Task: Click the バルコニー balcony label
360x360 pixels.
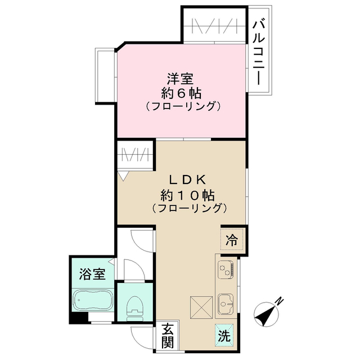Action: point(259,52)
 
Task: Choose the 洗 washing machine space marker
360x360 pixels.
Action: point(224,337)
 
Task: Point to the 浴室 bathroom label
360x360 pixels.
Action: point(92,274)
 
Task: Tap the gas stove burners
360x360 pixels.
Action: point(226,269)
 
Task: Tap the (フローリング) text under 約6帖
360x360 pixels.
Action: point(181,106)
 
